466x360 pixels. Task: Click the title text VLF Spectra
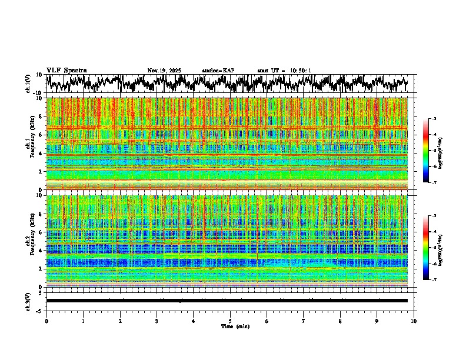tap(66, 70)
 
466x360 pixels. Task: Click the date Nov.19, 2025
tap(164, 71)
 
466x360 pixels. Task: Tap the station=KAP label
tap(218, 71)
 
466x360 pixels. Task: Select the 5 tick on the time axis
tap(230, 321)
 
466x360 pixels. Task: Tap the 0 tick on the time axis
tap(46, 321)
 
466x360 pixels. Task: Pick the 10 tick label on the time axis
tap(414, 321)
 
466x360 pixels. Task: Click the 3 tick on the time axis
tap(157, 321)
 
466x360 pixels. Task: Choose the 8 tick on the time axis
tap(340, 321)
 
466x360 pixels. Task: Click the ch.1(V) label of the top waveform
tap(29, 84)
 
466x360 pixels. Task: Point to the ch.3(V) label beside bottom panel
tap(29, 301)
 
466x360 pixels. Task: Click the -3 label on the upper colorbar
tap(434, 119)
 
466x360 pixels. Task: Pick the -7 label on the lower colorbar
tap(434, 280)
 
